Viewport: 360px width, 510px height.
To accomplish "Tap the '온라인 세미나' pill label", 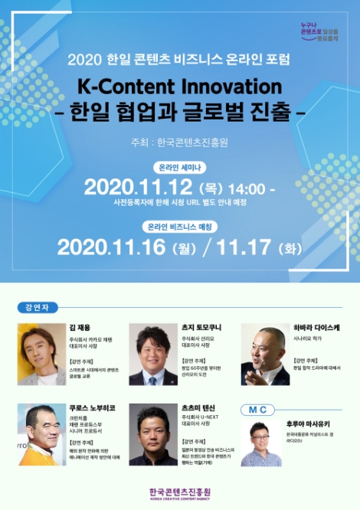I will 179,167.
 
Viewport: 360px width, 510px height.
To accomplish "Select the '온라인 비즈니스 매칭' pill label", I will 179,226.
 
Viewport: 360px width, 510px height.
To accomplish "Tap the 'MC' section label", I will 257,410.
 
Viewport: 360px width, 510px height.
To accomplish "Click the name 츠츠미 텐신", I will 198,407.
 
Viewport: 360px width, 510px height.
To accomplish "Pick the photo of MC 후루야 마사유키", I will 261,444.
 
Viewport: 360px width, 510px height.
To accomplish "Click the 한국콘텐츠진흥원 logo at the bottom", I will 180,493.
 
